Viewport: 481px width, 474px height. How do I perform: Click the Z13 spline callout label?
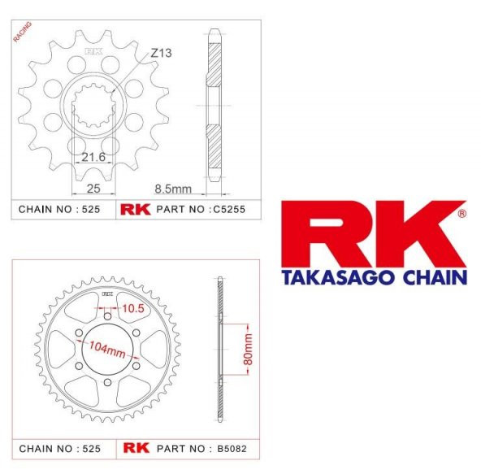(x=161, y=53)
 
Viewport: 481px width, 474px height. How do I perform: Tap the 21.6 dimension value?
(x=93, y=157)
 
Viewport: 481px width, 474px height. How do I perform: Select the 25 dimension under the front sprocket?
(x=93, y=189)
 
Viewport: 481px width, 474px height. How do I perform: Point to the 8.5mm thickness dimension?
(x=173, y=189)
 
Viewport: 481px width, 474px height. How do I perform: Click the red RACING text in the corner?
(x=23, y=32)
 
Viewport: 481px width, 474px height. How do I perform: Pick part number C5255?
(x=229, y=210)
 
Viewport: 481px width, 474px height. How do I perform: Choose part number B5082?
(x=232, y=449)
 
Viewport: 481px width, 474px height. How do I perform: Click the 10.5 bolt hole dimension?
(x=133, y=308)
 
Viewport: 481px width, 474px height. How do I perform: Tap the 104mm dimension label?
(x=107, y=350)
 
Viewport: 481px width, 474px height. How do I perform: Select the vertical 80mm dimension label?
(x=248, y=350)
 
